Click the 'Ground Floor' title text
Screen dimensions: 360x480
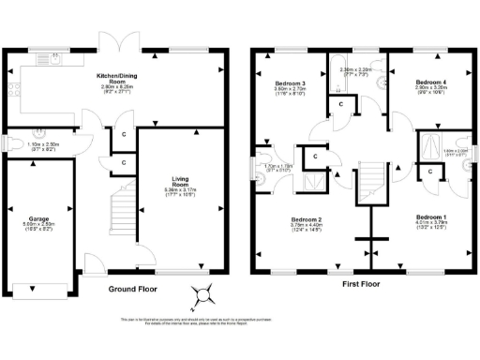(x=133, y=290)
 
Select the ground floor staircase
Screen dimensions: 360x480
(x=121, y=215)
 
